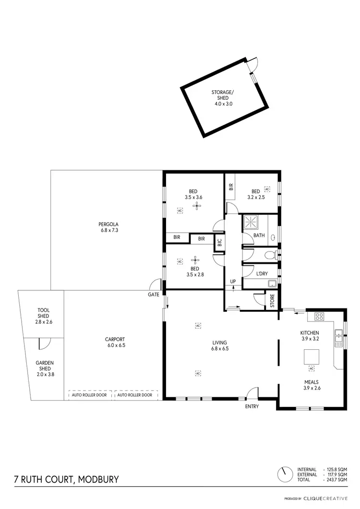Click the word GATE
click(x=154, y=295)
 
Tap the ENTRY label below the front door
click(x=252, y=406)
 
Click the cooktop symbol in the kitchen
click(x=320, y=316)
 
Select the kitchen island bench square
click(x=311, y=356)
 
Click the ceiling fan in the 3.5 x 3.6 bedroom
click(x=195, y=206)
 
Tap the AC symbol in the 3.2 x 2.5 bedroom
click(x=267, y=189)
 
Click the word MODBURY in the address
click(x=94, y=479)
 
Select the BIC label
click(x=219, y=243)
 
